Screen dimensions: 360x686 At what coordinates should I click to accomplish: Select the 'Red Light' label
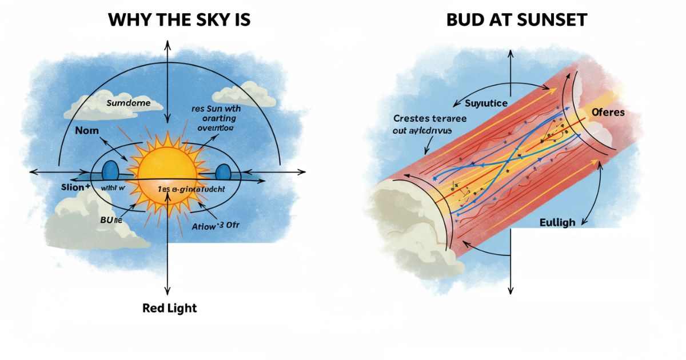[x=169, y=309]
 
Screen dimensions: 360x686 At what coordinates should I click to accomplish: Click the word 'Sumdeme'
[x=127, y=103]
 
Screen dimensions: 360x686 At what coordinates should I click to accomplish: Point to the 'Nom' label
[x=87, y=131]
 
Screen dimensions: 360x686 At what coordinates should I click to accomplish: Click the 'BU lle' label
[x=106, y=218]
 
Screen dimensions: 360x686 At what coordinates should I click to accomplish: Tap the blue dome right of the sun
[x=224, y=171]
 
